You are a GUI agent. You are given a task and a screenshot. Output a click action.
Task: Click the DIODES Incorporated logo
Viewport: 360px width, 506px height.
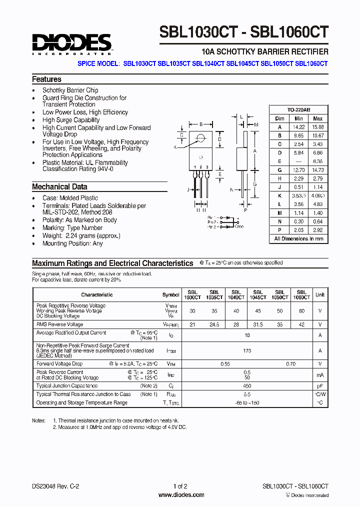coord(72,43)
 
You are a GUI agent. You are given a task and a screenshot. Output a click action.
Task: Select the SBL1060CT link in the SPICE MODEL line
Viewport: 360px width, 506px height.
coord(311,64)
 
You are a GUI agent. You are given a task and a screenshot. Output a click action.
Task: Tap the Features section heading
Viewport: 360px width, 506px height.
coord(46,79)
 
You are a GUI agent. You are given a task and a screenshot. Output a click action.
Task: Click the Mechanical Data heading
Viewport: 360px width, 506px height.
coord(59,187)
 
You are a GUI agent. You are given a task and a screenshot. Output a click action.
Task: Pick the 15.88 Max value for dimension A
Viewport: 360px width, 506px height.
coord(317,127)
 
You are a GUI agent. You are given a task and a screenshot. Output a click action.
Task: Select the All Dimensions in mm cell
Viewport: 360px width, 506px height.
coord(299,239)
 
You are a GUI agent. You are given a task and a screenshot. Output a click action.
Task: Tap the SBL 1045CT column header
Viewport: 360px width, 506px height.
coord(258,295)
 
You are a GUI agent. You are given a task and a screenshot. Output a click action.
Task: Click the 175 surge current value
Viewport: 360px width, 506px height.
coord(247,351)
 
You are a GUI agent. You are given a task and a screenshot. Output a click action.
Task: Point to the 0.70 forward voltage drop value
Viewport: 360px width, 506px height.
coord(290,364)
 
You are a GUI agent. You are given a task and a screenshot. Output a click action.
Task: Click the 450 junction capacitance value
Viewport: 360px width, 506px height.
coord(247,386)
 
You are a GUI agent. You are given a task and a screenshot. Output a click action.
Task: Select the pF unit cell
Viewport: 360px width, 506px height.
coord(320,386)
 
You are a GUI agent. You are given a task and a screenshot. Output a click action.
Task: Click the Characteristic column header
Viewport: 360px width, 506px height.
coord(97,295)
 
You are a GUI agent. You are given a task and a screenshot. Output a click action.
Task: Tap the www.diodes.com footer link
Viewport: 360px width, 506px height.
coord(181,495)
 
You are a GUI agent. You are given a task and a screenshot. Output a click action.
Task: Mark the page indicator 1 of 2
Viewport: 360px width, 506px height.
coord(180,486)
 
